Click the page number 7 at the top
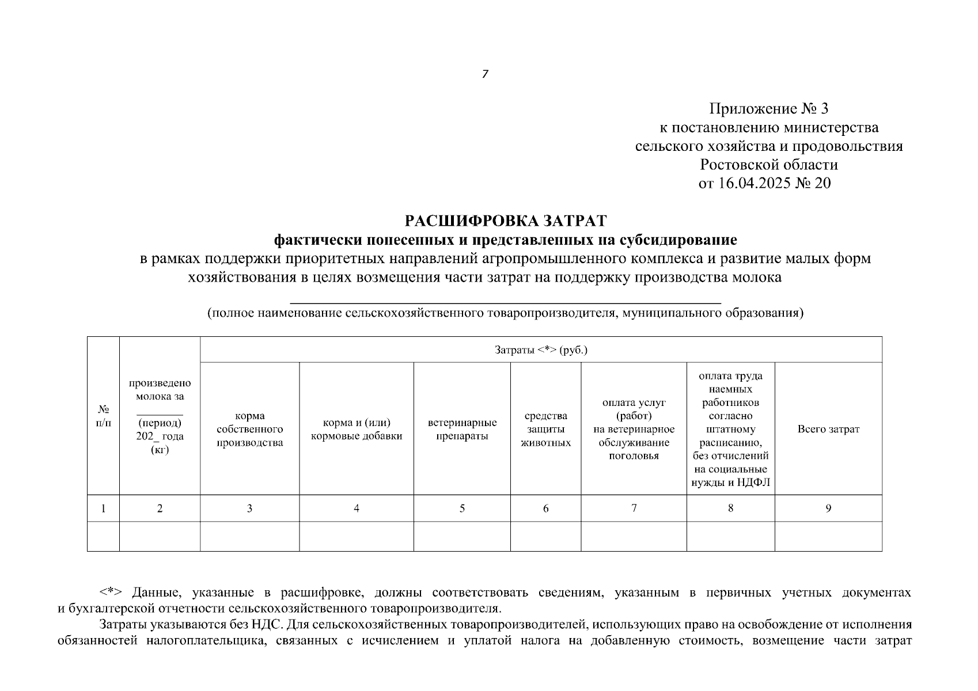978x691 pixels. (x=485, y=74)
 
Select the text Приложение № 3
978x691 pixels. (x=768, y=109)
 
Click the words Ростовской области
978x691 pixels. (x=768, y=165)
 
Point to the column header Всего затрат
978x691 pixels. (x=828, y=429)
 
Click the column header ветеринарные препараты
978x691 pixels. (x=462, y=429)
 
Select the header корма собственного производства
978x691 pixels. (x=249, y=429)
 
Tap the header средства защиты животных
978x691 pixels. (x=545, y=429)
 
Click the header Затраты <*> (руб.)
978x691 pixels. (x=541, y=350)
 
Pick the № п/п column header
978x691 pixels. (x=103, y=416)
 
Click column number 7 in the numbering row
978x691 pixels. (x=634, y=508)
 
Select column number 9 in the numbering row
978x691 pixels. (x=828, y=508)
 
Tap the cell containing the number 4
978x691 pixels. (x=357, y=508)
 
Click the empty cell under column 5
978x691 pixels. (x=462, y=536)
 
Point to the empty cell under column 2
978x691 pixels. (x=160, y=536)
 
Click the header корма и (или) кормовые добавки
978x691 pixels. (x=357, y=429)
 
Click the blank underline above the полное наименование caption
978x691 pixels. (x=505, y=302)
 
